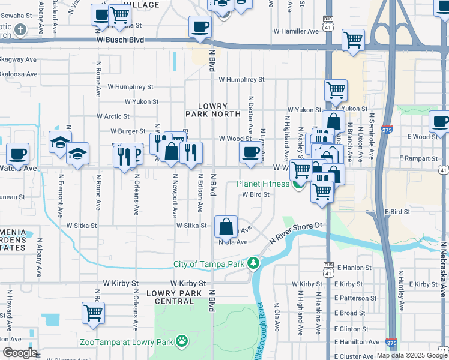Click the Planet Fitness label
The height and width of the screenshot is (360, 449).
tap(263, 184)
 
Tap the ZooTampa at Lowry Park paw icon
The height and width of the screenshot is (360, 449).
tap(182, 342)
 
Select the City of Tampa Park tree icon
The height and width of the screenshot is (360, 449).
tap(254, 263)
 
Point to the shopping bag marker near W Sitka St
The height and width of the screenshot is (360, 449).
tap(226, 227)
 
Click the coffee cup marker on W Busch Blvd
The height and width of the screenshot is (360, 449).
tap(200, 26)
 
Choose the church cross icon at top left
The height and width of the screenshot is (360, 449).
tap(20, 29)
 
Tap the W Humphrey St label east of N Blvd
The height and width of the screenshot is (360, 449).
tap(241, 79)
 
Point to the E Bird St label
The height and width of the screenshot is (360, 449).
tap(397, 212)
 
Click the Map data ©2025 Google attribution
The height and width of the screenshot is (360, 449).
tap(412, 355)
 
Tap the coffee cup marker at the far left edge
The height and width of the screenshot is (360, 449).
tap(17, 154)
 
